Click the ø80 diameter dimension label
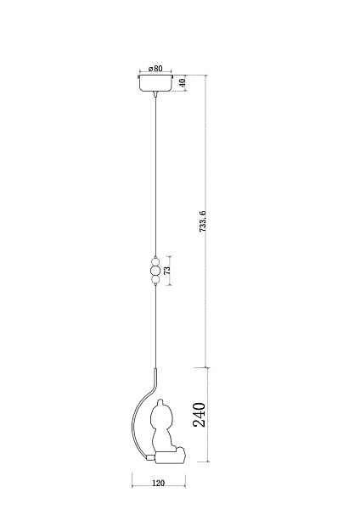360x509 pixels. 155,69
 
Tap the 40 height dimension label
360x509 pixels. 183,83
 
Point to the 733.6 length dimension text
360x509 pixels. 203,221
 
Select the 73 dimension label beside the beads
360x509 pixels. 167,271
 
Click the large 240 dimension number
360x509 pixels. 200,415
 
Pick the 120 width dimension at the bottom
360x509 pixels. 158,483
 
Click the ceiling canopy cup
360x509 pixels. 155,83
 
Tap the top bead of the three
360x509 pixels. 155,261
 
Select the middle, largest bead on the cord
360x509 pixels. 155,271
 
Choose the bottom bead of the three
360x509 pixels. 155,279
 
